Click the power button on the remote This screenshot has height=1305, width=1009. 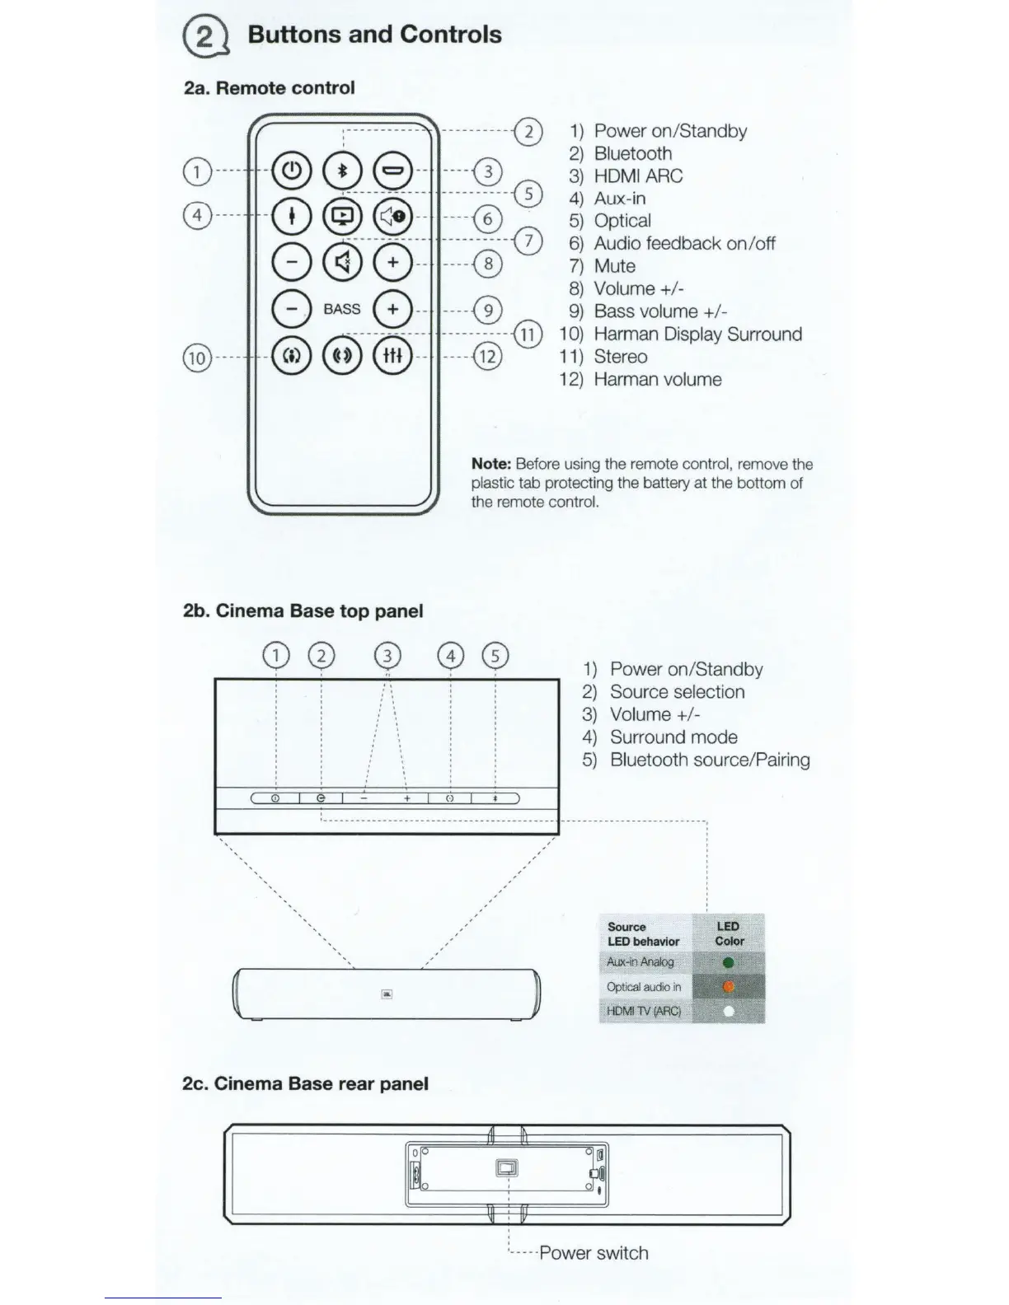click(292, 171)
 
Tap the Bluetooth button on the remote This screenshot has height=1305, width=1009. click(342, 171)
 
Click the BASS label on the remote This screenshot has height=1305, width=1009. click(342, 309)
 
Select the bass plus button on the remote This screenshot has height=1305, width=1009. click(393, 309)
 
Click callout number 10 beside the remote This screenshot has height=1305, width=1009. click(196, 358)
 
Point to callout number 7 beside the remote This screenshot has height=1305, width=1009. click(528, 241)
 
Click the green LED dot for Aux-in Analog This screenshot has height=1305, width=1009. click(728, 962)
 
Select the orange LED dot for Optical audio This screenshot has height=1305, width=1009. click(728, 986)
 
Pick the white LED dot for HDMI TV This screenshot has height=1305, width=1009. click(728, 1011)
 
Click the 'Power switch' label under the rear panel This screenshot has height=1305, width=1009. click(594, 1253)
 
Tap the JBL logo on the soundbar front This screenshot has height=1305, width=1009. click(387, 995)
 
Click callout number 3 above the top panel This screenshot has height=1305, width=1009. click(387, 656)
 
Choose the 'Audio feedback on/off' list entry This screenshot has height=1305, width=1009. click(684, 244)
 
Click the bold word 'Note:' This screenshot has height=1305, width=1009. click(491, 465)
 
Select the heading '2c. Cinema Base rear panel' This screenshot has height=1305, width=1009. click(305, 1083)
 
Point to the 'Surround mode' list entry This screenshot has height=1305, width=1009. click(673, 737)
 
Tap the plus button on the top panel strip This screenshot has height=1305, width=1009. click(406, 798)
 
